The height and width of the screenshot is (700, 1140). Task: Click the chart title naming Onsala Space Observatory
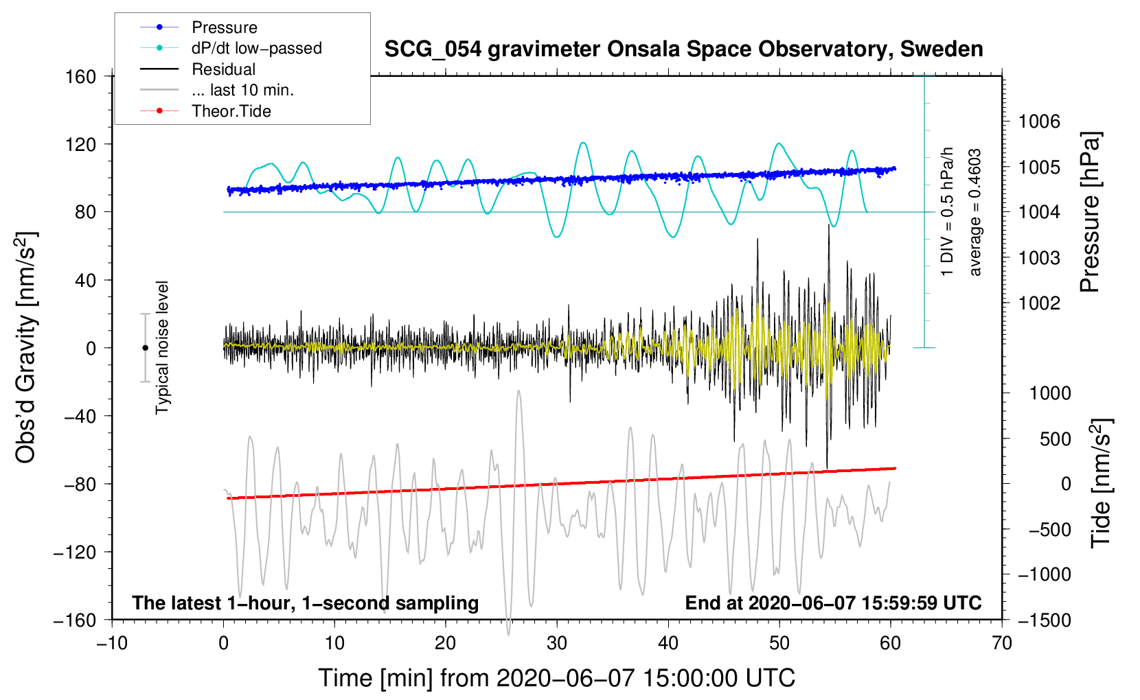point(683,49)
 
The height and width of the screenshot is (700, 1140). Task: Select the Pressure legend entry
point(224,27)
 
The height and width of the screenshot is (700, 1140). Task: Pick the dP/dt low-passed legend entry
point(256,48)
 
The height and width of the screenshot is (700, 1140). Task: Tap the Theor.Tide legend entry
point(231,111)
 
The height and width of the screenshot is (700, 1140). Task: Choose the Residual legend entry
point(223,69)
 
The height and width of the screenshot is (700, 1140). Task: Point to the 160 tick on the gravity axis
point(81,76)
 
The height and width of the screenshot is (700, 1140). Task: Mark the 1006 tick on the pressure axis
point(1039,121)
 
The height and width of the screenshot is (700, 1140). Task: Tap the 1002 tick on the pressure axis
point(1039,303)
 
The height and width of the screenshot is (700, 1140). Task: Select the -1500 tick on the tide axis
point(1044,620)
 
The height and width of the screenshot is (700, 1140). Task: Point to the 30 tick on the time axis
point(557,643)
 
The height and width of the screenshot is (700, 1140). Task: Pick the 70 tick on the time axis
point(1002,643)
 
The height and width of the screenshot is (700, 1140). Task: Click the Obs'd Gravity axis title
point(26,347)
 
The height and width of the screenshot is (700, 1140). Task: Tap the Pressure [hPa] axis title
point(1091,212)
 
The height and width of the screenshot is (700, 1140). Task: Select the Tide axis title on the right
point(1101,483)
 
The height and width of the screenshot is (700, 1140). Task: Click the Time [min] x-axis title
point(556,678)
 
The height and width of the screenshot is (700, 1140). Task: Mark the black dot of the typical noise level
point(145,348)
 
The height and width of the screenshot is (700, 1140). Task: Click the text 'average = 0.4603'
point(975,212)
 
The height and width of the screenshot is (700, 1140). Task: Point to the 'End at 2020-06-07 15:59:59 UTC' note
point(833,603)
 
